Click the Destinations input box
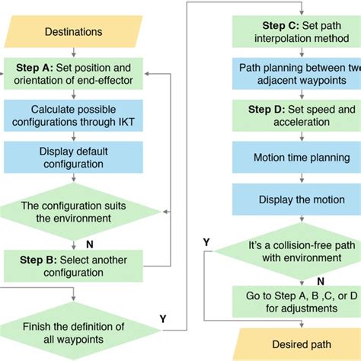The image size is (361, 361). pyautogui.click(x=74, y=33)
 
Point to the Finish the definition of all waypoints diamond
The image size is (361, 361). pyautogui.click(x=74, y=329)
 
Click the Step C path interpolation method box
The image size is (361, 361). pyautogui.click(x=293, y=31)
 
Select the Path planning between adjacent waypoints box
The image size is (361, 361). pyautogui.click(x=293, y=74)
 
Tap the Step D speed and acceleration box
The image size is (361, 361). pyautogui.click(x=293, y=116)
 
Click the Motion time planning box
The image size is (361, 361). pyautogui.click(x=293, y=158)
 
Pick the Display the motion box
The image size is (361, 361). pyautogui.click(x=293, y=200)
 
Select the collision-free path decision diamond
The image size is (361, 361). pyautogui.click(x=293, y=252)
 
